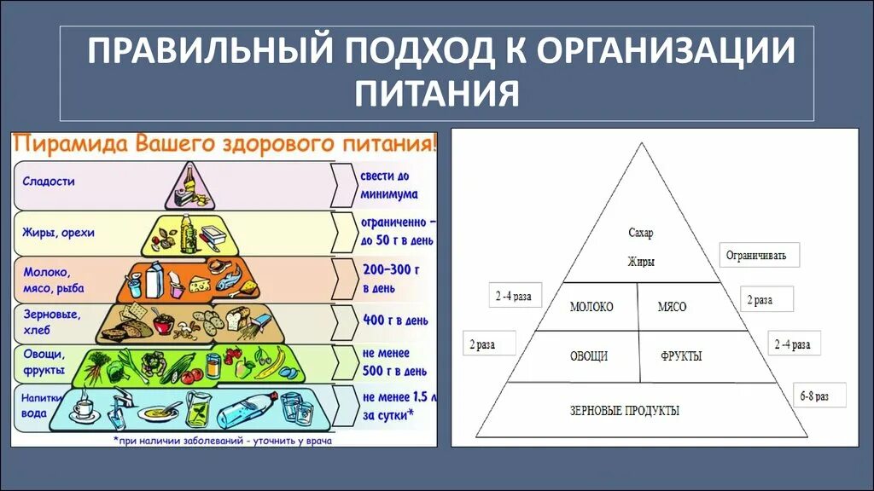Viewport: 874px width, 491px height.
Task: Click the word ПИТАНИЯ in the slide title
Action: tap(437, 91)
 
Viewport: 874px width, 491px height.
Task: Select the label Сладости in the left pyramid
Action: tap(49, 182)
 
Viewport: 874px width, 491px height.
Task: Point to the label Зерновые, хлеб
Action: tap(50, 321)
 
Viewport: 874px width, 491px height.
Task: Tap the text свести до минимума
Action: tap(389, 185)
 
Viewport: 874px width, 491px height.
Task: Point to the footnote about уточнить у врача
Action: tap(222, 442)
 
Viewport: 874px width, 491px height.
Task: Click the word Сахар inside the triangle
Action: tap(640, 233)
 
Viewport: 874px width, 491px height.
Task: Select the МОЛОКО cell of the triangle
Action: tap(591, 306)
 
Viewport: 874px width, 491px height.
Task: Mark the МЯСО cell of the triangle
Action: tap(673, 306)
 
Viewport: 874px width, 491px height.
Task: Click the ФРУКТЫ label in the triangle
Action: tap(680, 355)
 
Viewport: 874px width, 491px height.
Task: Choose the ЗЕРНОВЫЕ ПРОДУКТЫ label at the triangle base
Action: tap(625, 410)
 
